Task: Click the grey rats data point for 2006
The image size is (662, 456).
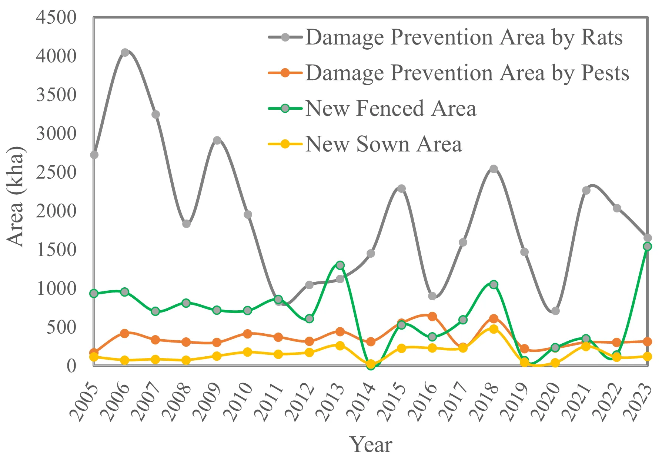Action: click(x=125, y=53)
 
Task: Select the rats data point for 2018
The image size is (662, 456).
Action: click(x=494, y=169)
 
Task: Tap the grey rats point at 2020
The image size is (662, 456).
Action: click(x=555, y=311)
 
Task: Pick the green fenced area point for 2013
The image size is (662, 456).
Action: click(x=340, y=265)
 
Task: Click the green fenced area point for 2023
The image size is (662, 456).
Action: click(x=647, y=247)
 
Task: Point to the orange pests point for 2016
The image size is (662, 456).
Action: click(x=432, y=316)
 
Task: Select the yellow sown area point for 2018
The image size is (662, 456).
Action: click(x=494, y=329)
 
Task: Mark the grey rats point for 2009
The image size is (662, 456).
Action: click(x=217, y=141)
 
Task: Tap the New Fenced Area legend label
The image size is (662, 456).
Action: click(x=391, y=108)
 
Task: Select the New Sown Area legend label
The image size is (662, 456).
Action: click(x=383, y=144)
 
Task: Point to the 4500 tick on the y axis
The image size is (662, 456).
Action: click(x=56, y=17)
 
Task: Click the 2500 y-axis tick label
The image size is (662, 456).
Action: click(x=56, y=172)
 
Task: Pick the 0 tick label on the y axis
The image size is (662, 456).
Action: click(x=71, y=366)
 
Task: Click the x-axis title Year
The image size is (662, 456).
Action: click(x=371, y=444)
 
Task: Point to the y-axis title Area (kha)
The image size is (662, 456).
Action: click(x=16, y=196)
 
